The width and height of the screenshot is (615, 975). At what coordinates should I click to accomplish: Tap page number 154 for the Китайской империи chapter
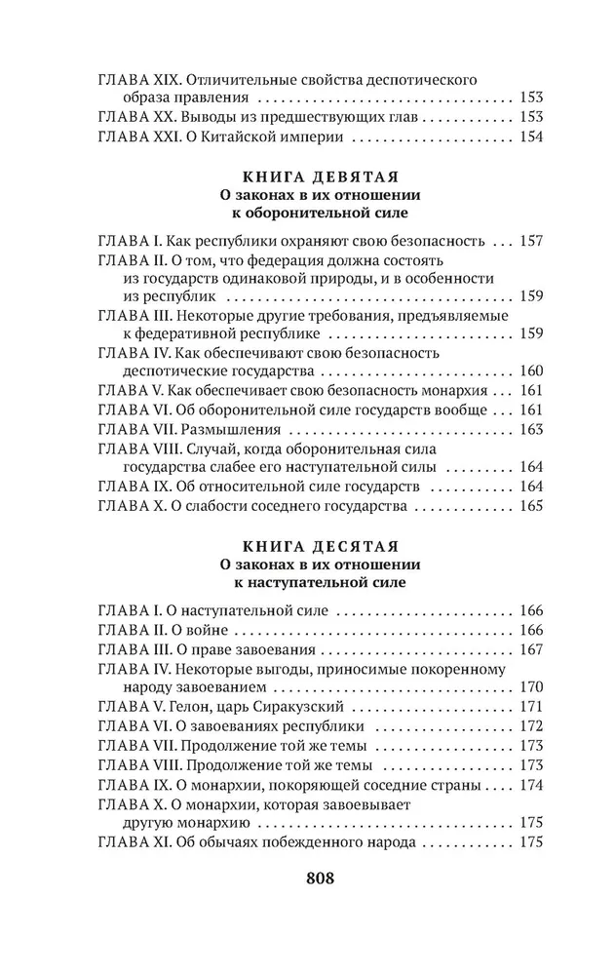coord(528,136)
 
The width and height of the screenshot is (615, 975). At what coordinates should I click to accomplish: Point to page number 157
coord(529,241)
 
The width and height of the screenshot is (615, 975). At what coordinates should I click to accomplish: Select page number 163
coord(529,429)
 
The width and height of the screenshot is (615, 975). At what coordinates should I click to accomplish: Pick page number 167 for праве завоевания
coord(529,649)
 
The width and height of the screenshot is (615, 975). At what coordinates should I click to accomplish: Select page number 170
coord(529,687)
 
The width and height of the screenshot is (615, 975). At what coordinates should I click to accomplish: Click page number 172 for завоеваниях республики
coord(529,725)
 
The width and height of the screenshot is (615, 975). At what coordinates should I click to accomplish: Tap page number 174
coord(529,783)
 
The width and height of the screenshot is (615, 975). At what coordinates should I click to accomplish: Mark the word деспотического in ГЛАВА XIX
coord(425,79)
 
